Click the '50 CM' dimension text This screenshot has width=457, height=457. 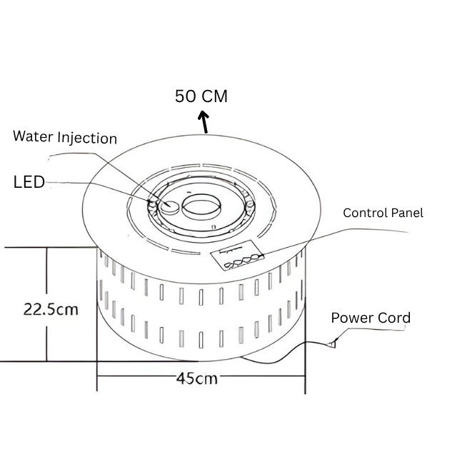pos(201,96)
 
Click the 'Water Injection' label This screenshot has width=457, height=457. pos(65,137)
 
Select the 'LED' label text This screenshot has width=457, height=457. pos(29,182)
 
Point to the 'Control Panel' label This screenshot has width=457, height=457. pos(383,213)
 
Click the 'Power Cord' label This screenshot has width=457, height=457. pos(371,318)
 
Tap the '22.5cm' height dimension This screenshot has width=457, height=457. pos(51,310)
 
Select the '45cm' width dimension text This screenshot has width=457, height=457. pos(196,378)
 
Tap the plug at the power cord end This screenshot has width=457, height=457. pos(331,345)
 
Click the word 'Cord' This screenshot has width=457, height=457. pos(395,318)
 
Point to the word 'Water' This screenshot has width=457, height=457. pos(31,137)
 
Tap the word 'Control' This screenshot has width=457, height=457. pos(366,213)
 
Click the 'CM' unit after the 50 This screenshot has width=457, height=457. pos(214,96)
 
